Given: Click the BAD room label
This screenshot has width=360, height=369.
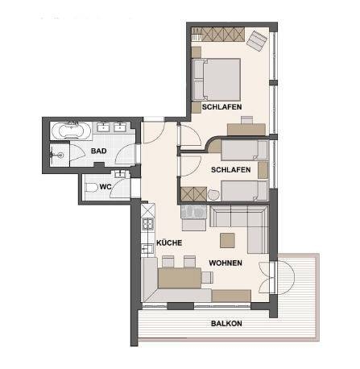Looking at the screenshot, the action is pos(98,151).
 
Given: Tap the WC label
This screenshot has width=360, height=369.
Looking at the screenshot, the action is pos(106,187).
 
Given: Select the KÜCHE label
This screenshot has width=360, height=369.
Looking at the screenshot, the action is pos(169,243).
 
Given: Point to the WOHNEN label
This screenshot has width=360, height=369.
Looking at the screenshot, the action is pos(226,263).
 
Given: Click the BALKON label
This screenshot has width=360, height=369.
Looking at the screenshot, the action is pos(226,324).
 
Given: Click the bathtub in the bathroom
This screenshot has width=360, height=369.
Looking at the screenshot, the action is pos(71,131).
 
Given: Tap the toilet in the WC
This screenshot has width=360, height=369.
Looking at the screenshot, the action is pos(91,188).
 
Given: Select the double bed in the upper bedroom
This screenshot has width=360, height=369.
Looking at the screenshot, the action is pos(217,80).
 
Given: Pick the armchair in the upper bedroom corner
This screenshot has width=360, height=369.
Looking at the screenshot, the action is pos(257,41).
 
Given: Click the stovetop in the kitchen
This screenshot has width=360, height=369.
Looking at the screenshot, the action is pos(148,224).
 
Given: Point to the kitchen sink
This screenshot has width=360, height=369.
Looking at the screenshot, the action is pos(147,249).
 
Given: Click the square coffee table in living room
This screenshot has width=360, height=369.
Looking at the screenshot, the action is pos(227,240).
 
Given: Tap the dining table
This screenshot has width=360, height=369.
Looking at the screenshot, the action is pos(180,278).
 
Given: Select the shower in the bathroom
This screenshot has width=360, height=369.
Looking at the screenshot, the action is pos(60,155).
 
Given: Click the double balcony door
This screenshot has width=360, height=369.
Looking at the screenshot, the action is pos(272,277).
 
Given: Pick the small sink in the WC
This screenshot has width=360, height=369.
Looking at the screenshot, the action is pos(120,174).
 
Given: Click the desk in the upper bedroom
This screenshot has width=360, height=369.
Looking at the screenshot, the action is pos(246,130).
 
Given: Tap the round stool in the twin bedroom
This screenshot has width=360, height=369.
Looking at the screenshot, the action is pos(213,195).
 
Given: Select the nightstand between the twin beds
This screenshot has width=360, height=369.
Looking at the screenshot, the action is pos(263,170).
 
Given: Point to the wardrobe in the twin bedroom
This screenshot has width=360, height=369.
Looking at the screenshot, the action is pos(193,194).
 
